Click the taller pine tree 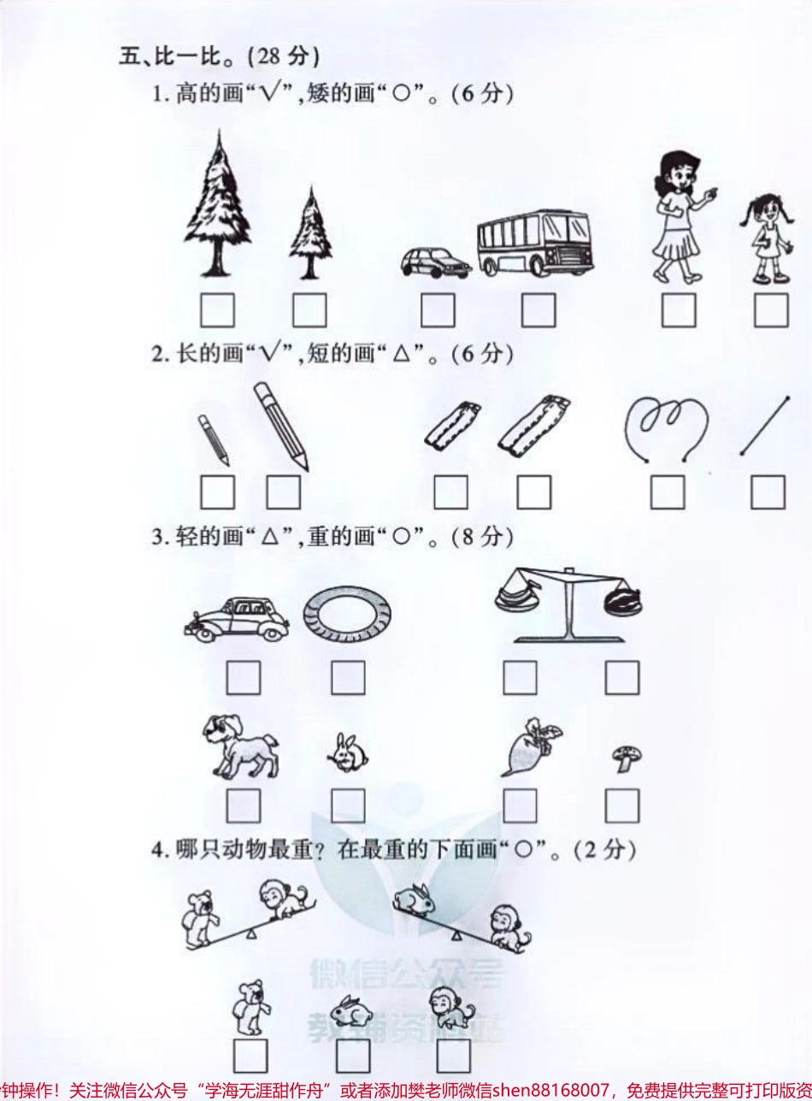[218, 209]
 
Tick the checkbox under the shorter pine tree [309, 310]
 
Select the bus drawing [533, 244]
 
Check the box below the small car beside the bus [438, 310]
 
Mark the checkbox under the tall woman [678, 310]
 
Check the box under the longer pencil [283, 492]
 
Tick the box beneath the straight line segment [768, 492]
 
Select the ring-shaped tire [347, 615]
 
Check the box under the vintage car [244, 679]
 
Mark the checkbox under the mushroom [621, 806]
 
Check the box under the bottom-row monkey [452, 1057]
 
